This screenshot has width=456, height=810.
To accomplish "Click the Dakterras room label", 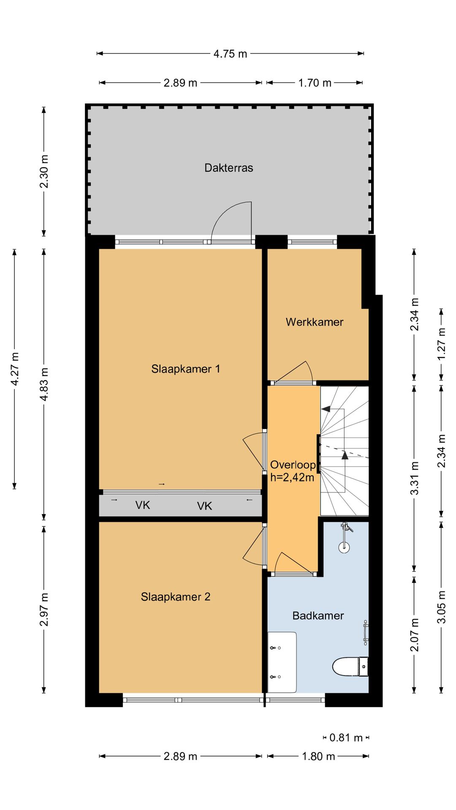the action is coord(229,168).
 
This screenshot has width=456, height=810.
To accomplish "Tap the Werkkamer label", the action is coord(315,322).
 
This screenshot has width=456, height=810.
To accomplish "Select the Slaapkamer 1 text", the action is coord(186,369).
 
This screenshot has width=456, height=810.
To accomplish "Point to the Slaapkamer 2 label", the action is coord(176,597).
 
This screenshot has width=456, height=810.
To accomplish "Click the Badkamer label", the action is coord(318,616).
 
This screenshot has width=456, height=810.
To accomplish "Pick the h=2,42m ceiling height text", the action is coord(292,478).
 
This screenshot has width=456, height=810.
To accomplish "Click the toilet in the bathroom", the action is coord(350,667).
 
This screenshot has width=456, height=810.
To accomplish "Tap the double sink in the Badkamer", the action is coord(282,662).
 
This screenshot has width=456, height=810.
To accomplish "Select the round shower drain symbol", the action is coord(345,547).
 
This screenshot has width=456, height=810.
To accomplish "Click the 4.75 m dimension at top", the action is coord(230,54).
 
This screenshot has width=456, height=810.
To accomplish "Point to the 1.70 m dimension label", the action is coord(315,83).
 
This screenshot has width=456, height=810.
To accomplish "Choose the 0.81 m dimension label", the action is coord(346,737).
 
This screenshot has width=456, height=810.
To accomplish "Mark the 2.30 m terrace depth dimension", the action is coord(44,171).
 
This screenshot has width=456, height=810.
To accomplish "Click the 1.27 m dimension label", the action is coord(442,344).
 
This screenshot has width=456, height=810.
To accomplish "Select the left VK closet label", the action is coord(143,505).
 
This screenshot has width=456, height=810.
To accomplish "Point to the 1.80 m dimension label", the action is coord(318,756).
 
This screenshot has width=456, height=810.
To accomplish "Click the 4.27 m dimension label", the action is coord(15,369).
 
